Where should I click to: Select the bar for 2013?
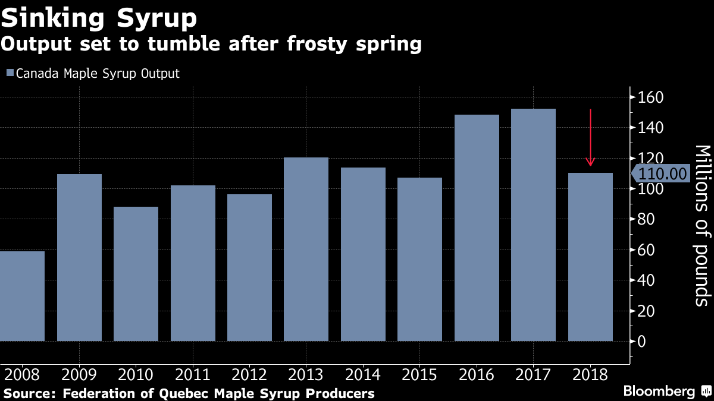[x=306, y=249]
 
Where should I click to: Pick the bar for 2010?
[x=136, y=273]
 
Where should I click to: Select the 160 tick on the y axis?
[x=650, y=97]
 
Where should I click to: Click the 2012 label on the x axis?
[x=249, y=375]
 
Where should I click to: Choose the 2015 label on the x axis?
[x=419, y=375]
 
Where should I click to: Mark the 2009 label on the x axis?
[x=79, y=375]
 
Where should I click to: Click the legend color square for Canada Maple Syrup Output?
[x=10, y=74]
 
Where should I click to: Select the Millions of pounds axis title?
[x=702, y=225]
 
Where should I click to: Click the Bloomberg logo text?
[x=659, y=391]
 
